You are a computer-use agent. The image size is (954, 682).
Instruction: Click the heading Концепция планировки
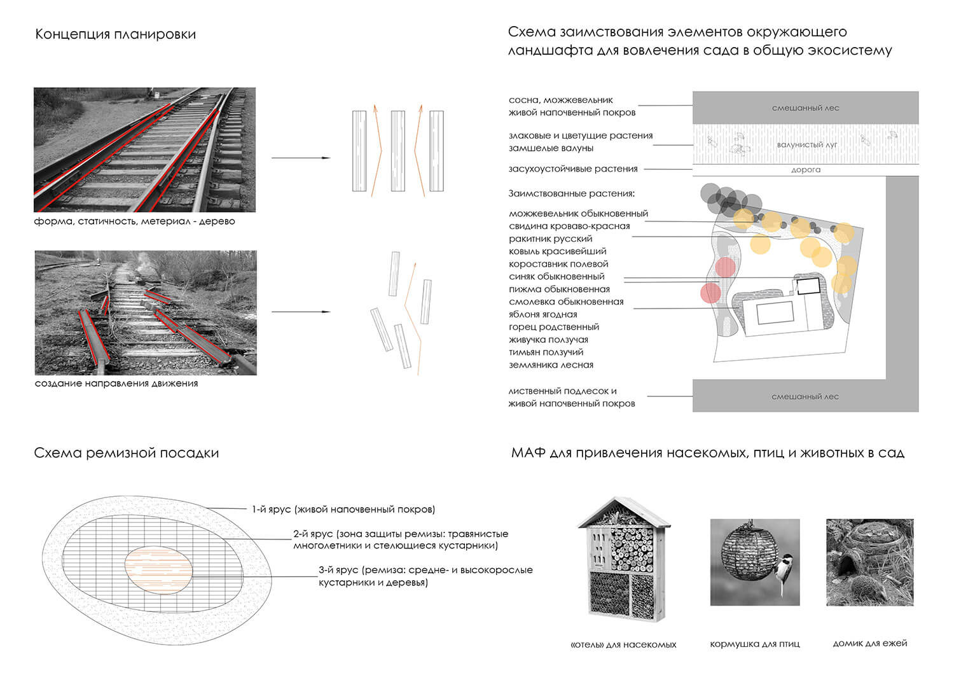[115, 34]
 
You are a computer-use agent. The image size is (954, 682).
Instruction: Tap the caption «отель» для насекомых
[623, 644]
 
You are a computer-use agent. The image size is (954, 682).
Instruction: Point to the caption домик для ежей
[869, 643]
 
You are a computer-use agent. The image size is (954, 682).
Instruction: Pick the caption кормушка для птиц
[754, 644]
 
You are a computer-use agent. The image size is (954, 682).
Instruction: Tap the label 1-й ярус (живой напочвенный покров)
[343, 509]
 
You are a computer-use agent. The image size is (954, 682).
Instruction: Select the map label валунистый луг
[806, 144]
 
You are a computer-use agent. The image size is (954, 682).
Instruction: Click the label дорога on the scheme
[805, 170]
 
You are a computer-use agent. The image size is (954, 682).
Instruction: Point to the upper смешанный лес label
[805, 108]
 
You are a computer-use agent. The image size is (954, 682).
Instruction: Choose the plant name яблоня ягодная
[543, 314]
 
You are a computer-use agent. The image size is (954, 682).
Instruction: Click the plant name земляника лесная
[551, 365]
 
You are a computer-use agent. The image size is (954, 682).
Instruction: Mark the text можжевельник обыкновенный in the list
[578, 214]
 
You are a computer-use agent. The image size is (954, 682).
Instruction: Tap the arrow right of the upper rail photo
[301, 158]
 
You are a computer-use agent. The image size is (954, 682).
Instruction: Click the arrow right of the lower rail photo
[301, 312]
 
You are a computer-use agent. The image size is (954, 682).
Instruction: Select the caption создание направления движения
[116, 384]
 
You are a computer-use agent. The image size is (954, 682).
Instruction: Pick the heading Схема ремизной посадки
[126, 453]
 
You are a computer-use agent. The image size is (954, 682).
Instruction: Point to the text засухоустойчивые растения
[572, 169]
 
